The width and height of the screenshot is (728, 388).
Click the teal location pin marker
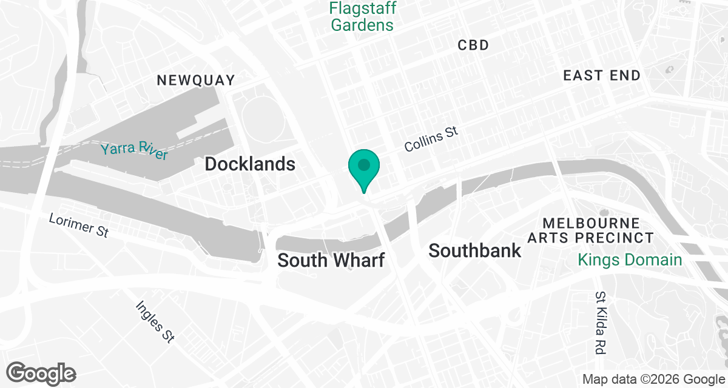(x=364, y=167)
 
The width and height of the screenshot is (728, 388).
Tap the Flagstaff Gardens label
(x=362, y=17)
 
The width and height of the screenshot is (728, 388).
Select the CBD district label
(x=473, y=45)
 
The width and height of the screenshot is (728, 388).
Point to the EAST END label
(x=601, y=76)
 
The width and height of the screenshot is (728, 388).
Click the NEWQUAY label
(x=195, y=80)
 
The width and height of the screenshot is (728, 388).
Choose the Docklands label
(x=250, y=164)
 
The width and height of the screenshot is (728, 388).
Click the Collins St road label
(x=431, y=139)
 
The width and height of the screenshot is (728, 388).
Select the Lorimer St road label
(x=79, y=224)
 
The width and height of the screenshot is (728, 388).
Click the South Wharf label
(x=331, y=261)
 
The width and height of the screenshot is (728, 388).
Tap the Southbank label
(x=474, y=250)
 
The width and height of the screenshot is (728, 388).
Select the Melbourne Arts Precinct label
(x=590, y=231)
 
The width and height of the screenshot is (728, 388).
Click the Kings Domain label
(x=630, y=261)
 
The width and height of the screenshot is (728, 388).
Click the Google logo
(x=41, y=373)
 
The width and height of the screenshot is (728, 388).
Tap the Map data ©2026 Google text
(x=653, y=380)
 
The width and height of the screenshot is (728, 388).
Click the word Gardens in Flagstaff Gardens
(x=362, y=25)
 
